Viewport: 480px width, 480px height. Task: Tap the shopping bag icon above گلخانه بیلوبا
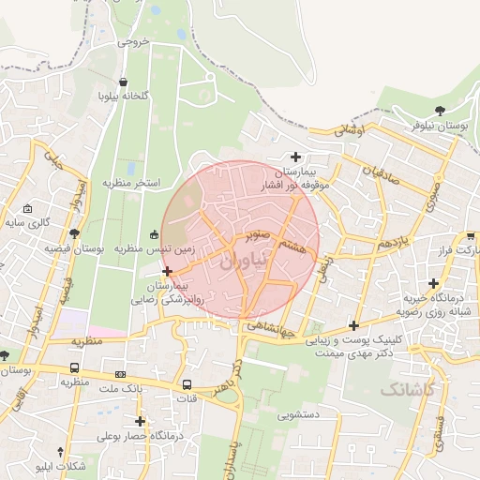[x=125, y=82]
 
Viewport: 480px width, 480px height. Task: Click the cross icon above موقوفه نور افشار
[x=296, y=157]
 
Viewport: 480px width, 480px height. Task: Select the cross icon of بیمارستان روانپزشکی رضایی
[x=167, y=271]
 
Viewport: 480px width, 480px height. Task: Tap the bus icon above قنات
[x=187, y=384]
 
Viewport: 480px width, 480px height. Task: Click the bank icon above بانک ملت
[x=119, y=373]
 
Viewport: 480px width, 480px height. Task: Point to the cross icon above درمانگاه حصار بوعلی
[x=141, y=421]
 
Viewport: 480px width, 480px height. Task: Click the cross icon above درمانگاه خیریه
[x=432, y=283]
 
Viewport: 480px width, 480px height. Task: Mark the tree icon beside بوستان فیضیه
[x=75, y=233]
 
